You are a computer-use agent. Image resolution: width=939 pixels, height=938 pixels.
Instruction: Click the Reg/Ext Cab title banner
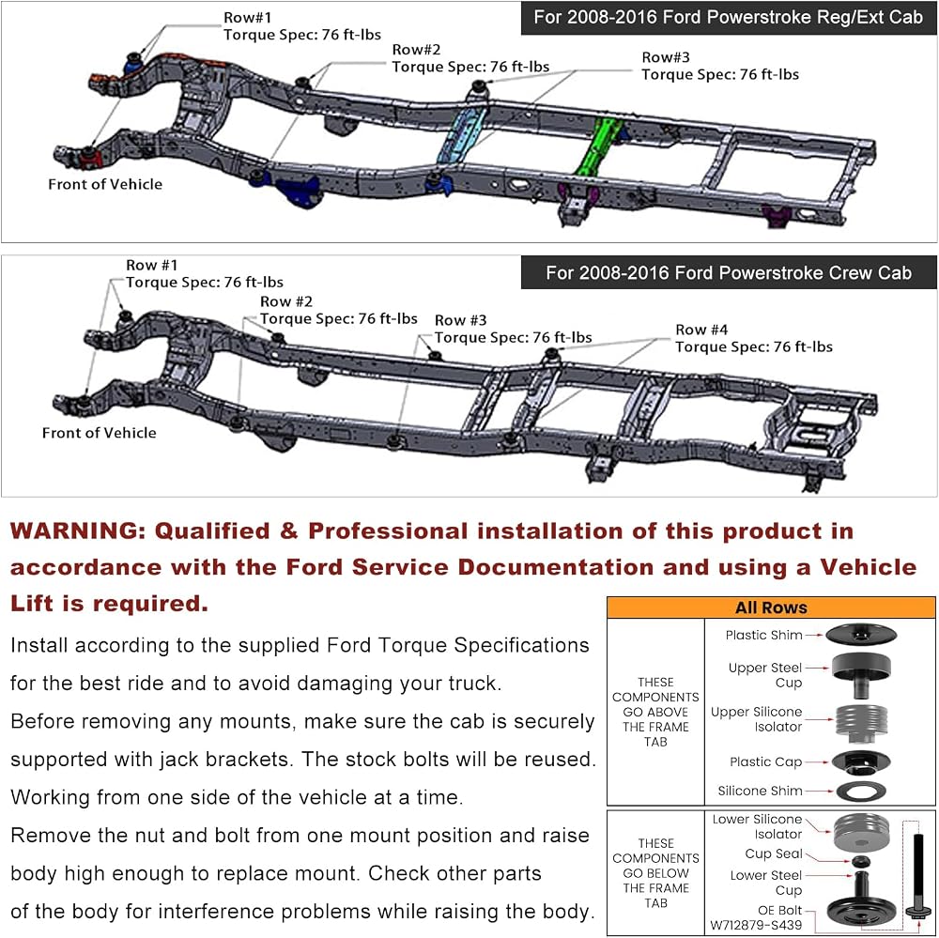(729, 18)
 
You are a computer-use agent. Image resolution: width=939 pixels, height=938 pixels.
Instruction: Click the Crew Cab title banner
(729, 272)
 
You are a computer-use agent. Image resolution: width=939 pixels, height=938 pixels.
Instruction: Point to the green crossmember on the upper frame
(600, 146)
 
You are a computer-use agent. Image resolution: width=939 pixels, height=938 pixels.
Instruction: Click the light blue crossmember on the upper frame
(463, 135)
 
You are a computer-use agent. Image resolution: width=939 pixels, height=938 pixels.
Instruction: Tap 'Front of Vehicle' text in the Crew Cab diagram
(99, 433)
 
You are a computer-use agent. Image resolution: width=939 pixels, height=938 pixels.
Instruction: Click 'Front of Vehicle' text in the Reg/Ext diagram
(105, 184)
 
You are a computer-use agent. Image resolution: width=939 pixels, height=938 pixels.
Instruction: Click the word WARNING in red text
(78, 531)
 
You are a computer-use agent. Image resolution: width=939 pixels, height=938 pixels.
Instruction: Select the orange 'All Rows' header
(771, 607)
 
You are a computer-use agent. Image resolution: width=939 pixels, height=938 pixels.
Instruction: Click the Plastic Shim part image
(860, 634)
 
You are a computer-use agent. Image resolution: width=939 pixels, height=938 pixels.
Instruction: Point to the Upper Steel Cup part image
(861, 675)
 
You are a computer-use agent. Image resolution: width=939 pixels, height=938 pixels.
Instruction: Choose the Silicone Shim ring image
(861, 792)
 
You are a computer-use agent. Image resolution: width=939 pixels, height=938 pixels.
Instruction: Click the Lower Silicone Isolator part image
(861, 830)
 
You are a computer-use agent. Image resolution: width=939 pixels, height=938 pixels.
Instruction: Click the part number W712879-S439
(756, 925)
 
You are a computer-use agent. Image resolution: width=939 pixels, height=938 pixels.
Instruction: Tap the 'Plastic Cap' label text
(765, 761)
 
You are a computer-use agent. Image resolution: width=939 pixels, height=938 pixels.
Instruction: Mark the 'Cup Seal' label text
(773, 853)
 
